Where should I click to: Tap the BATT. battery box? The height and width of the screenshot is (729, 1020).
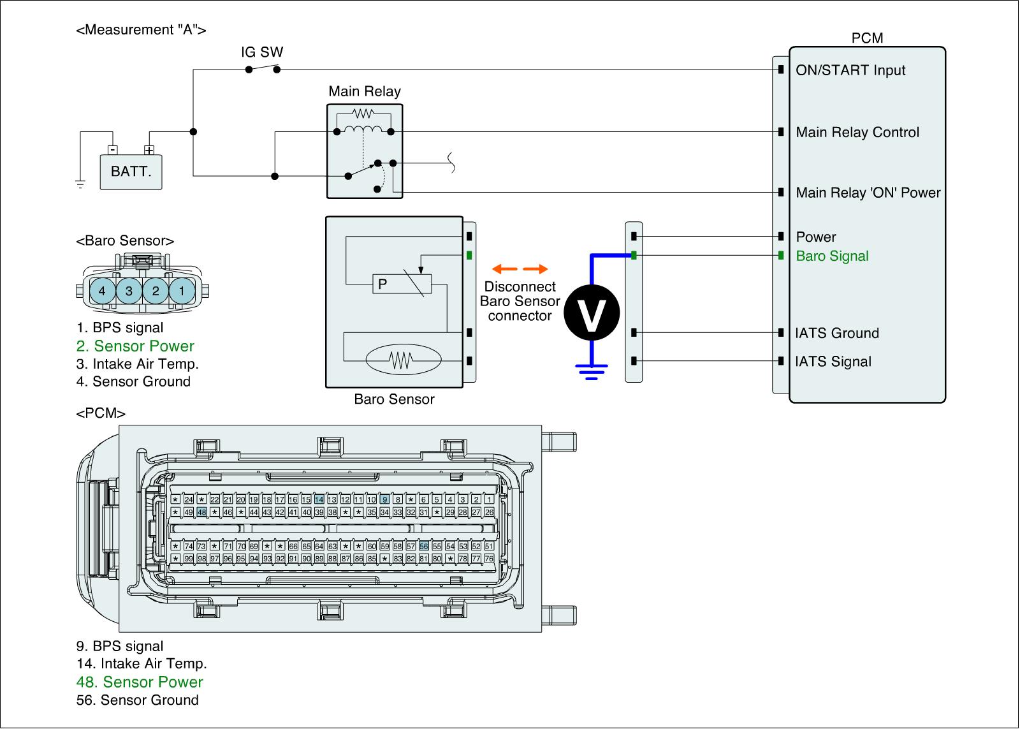point(131,172)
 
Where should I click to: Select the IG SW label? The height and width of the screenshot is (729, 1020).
point(262,52)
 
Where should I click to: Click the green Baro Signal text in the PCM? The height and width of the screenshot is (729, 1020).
point(832,256)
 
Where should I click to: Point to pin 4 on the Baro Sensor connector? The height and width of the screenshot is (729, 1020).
point(102,291)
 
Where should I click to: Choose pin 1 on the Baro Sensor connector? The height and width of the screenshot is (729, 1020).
point(182,291)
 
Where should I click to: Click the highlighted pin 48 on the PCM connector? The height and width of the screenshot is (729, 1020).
point(201,512)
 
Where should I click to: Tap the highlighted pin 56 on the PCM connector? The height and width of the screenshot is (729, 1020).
point(424,546)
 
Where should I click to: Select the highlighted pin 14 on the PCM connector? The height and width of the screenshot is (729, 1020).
point(319,499)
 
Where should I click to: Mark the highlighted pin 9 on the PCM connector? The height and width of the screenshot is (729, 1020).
point(384,499)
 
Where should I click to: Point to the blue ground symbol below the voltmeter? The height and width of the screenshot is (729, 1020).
point(592,371)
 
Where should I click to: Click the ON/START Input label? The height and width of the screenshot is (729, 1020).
point(850,70)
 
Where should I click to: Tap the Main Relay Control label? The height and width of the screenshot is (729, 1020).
point(857,132)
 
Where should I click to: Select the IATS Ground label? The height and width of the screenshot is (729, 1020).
point(837,333)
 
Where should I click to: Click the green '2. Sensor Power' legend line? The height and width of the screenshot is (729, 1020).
point(135,346)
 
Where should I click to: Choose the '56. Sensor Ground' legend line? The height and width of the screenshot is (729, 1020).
point(137,700)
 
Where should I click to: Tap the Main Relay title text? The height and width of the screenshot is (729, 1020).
point(365,91)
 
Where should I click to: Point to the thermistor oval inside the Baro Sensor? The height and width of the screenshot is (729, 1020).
point(402,360)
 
